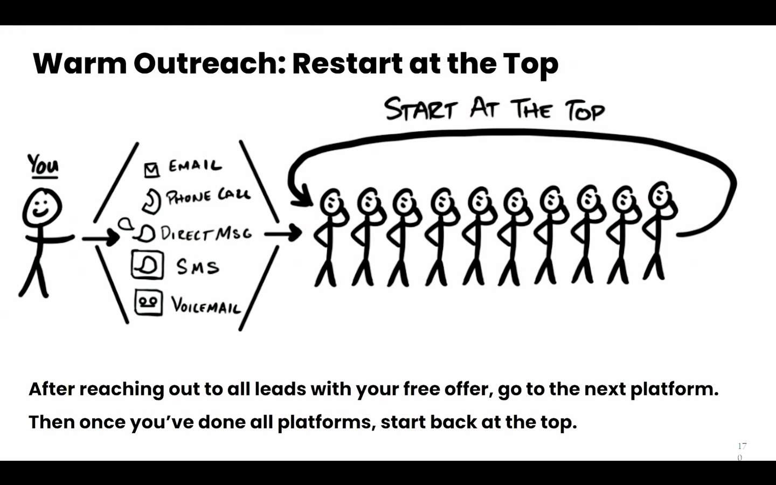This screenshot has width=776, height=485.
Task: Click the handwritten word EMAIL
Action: point(195,165)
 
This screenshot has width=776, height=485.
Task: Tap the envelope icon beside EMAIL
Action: point(152,170)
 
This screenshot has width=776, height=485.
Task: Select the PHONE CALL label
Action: point(208,196)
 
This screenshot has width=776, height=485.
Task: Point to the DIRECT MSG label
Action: point(206,233)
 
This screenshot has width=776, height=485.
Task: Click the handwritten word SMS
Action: point(198,267)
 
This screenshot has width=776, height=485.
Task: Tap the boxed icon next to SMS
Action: point(148,265)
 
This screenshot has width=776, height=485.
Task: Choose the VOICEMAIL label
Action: point(206,305)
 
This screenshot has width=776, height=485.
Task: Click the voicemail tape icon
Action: point(149,302)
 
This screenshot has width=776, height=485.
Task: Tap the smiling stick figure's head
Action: point(42,207)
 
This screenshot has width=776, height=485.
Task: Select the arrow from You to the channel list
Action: point(101,238)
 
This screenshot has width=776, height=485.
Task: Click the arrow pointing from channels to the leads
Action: point(283,233)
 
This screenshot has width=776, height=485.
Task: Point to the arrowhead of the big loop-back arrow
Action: point(302,197)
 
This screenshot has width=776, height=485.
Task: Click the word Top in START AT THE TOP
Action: point(585,110)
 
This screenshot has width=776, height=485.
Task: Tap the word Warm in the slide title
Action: point(80,64)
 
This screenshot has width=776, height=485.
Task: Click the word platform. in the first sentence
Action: point(674,390)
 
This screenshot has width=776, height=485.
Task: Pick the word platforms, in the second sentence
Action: point(327,422)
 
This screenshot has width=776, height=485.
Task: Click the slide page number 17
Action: point(742,446)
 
